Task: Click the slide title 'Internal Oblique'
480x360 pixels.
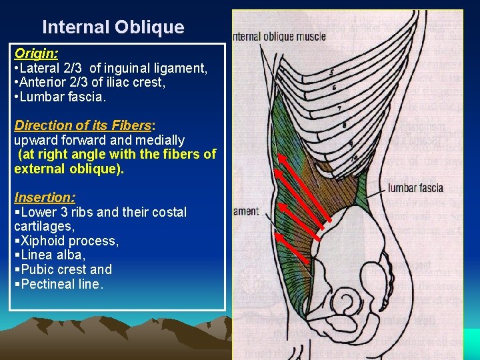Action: tap(113, 27)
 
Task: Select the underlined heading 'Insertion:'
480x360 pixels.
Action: tap(45, 197)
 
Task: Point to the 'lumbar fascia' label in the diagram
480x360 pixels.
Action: tap(415, 188)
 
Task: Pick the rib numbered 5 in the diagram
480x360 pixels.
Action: tap(331, 73)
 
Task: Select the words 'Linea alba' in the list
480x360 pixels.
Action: tap(53, 255)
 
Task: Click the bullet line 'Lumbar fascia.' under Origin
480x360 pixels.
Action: tap(60, 97)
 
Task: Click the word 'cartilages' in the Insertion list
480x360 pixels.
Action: tap(43, 227)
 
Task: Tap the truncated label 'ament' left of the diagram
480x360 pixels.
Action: tap(245, 211)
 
